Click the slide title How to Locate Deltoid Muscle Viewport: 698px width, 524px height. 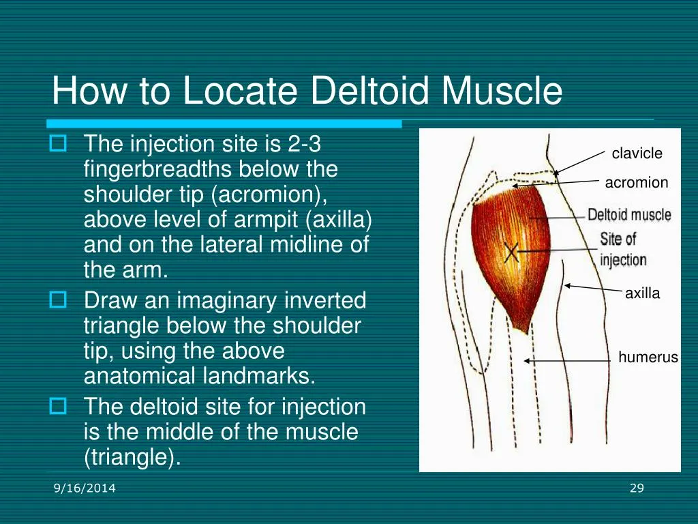click(x=307, y=91)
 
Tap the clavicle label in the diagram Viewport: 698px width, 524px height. click(x=637, y=154)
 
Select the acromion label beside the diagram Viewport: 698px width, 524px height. click(x=637, y=183)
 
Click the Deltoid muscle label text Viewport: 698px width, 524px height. click(x=629, y=216)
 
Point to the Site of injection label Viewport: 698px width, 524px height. click(x=622, y=250)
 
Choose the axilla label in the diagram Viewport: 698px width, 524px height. click(x=642, y=294)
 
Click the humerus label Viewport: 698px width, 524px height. click(x=648, y=358)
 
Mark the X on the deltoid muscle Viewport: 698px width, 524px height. click(x=512, y=252)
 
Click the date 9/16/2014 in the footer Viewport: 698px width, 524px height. click(x=85, y=488)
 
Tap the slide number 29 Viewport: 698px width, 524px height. click(x=637, y=488)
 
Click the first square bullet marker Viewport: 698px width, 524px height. click(x=58, y=144)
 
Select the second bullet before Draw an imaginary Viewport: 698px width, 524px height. click(x=58, y=300)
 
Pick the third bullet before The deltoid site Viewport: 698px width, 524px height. click(x=58, y=407)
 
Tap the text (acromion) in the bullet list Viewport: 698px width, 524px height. click(x=270, y=194)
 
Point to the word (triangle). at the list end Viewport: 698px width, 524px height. click(x=132, y=457)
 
